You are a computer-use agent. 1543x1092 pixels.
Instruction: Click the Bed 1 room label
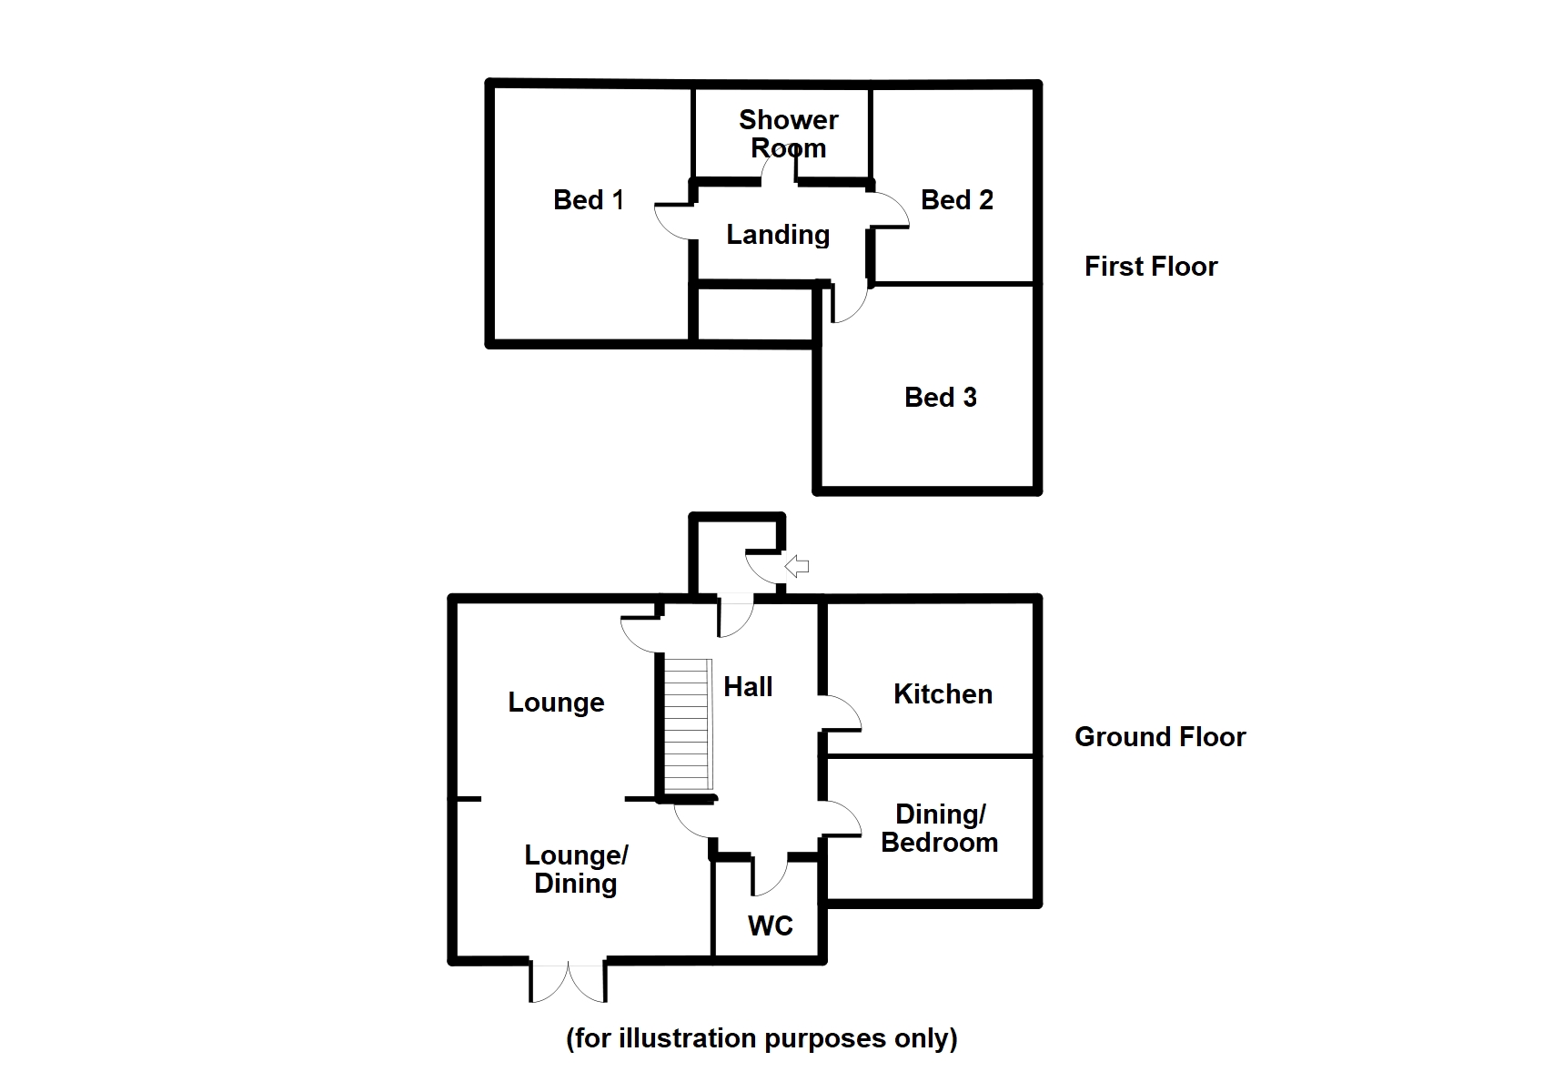pos(589,200)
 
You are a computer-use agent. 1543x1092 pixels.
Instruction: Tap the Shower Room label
pos(788,134)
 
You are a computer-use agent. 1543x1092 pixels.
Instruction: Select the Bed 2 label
pos(956,200)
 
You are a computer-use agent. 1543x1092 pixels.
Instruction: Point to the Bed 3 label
pos(940,398)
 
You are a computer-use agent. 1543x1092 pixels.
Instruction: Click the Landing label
pos(778,235)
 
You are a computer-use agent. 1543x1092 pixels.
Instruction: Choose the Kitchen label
pos(943,694)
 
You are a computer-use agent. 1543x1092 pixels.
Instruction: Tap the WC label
pos(770,926)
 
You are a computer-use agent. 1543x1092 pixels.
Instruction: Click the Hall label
pos(748,687)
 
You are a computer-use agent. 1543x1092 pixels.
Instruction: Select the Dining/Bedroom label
pos(939,828)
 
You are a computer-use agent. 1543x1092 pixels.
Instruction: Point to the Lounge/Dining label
pos(576,869)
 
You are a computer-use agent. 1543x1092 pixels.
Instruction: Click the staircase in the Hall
pos(687,724)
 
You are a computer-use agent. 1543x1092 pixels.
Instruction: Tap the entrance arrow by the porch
pos(797,567)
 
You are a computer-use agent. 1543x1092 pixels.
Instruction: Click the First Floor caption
pos(1151,267)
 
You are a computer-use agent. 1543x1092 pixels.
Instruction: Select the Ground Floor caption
pos(1160,737)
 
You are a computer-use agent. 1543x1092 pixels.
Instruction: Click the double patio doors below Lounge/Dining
pos(569,981)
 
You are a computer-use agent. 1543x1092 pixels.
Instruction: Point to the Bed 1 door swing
pos(673,221)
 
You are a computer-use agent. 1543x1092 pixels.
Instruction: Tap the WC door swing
pos(769,876)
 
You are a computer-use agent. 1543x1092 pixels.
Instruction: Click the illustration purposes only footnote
pos(761,1038)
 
